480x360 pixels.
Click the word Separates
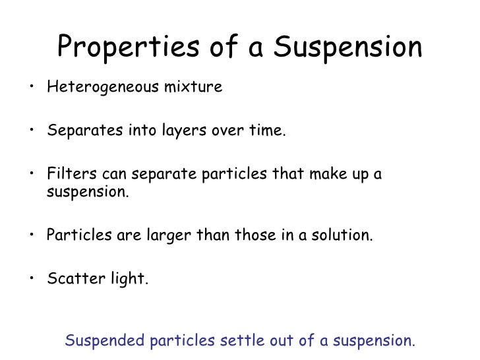click(x=75, y=131)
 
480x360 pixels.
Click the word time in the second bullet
click(x=268, y=131)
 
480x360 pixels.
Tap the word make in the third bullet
click(x=323, y=175)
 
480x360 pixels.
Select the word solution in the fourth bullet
click(x=340, y=235)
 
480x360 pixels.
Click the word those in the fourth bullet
click(x=249, y=235)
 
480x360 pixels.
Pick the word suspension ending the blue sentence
click(x=373, y=342)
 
